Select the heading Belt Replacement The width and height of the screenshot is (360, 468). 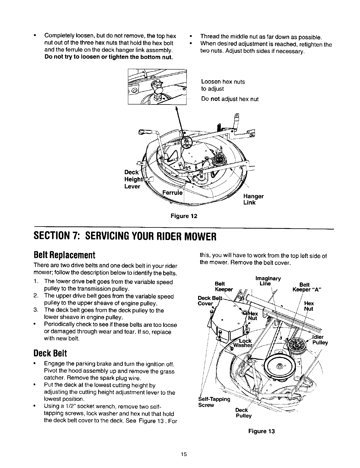(65, 255)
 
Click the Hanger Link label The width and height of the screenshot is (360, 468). (253, 199)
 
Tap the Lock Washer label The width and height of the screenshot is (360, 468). (244, 343)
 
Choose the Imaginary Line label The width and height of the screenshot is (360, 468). (268, 281)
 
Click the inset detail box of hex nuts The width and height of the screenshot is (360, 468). (157, 87)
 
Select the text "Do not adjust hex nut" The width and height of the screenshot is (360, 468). (230, 99)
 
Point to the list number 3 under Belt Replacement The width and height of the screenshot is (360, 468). (35, 310)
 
